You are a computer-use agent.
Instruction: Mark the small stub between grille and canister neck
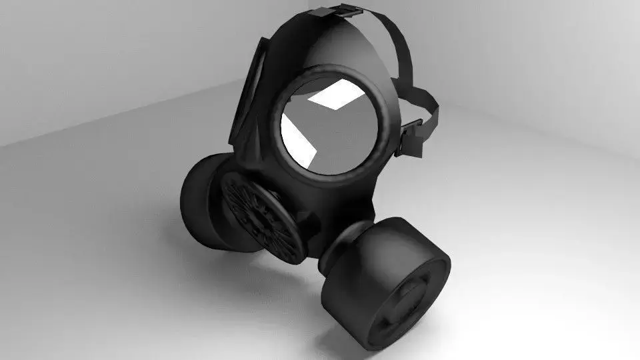click(x=308, y=223)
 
